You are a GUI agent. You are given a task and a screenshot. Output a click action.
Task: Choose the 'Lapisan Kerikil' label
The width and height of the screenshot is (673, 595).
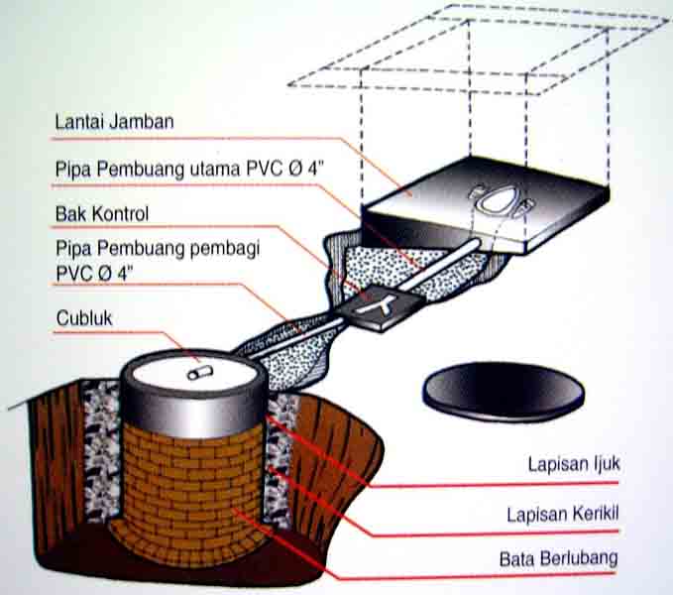tap(561, 514)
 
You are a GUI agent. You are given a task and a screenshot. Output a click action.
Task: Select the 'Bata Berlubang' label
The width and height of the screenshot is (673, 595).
tap(558, 558)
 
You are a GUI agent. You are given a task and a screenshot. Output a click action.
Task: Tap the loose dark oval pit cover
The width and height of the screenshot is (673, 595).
tap(503, 391)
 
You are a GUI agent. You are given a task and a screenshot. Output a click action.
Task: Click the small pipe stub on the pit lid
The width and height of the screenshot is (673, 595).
tap(199, 373)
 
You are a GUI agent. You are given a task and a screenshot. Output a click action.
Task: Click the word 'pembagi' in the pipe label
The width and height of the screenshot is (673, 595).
tap(223, 249)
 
